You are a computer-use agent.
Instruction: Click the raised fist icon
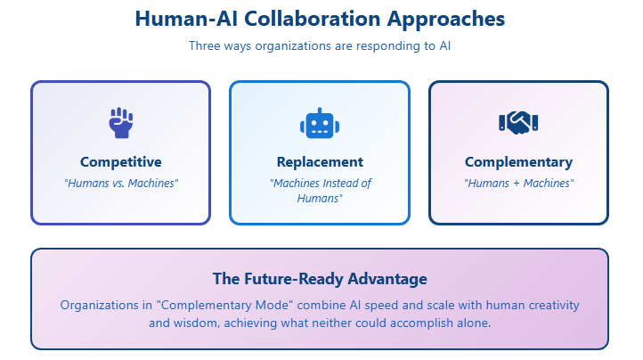click(x=121, y=123)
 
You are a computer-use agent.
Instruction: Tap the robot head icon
click(x=320, y=123)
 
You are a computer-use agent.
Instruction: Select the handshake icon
click(x=518, y=123)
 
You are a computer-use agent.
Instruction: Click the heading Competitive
click(x=121, y=162)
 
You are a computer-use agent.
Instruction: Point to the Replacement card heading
click(x=320, y=162)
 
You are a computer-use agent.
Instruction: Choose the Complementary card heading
click(x=518, y=162)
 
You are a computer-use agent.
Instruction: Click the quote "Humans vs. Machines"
click(x=121, y=183)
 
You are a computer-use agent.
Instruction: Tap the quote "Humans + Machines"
click(x=518, y=183)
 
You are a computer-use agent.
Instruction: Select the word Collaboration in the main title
click(x=313, y=19)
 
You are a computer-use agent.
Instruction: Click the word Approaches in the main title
click(x=446, y=20)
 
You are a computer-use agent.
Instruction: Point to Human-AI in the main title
click(x=187, y=19)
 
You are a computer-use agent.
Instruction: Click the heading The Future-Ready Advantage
click(x=320, y=279)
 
